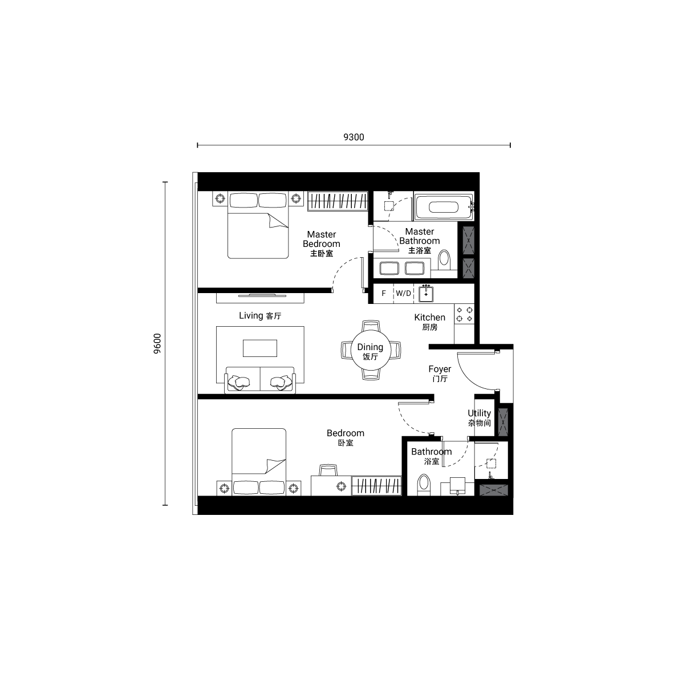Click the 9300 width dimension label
pyautogui.click(x=354, y=137)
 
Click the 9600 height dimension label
pyautogui.click(x=157, y=343)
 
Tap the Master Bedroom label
pyautogui.click(x=322, y=243)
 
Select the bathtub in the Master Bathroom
pyautogui.click(x=444, y=207)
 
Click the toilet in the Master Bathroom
pyautogui.click(x=444, y=259)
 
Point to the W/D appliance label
pyautogui.click(x=403, y=294)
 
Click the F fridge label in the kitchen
pyautogui.click(x=384, y=294)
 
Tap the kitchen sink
pyautogui.click(x=426, y=294)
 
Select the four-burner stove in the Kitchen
pyautogui.click(x=464, y=314)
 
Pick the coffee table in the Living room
pyautogui.click(x=260, y=348)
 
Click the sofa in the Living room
pyautogui.click(x=260, y=380)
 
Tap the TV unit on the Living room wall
pyautogui.click(x=260, y=297)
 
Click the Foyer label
pyautogui.click(x=440, y=373)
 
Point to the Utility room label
pyautogui.click(x=480, y=417)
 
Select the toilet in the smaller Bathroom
pyautogui.click(x=424, y=485)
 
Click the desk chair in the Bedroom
pyautogui.click(x=328, y=470)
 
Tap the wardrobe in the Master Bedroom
pyautogui.click(x=338, y=201)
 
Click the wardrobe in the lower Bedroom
pyautogui.click(x=377, y=486)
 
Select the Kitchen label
pyautogui.click(x=430, y=322)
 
